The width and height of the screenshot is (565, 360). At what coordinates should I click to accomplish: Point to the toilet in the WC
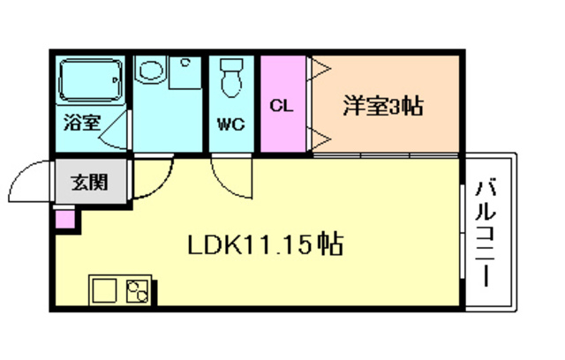232,78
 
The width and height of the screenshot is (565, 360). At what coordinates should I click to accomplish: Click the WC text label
232,124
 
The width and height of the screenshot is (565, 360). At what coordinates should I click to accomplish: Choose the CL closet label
281,107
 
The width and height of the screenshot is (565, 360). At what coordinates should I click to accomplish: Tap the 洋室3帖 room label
382,106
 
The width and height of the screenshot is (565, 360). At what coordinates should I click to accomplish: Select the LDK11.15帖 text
265,243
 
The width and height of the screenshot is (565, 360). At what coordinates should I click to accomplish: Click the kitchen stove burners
138,290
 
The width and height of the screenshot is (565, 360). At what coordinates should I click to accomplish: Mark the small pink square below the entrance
64,218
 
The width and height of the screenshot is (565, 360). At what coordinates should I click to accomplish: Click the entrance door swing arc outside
25,182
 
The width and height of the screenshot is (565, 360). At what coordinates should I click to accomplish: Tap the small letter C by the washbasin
185,63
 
